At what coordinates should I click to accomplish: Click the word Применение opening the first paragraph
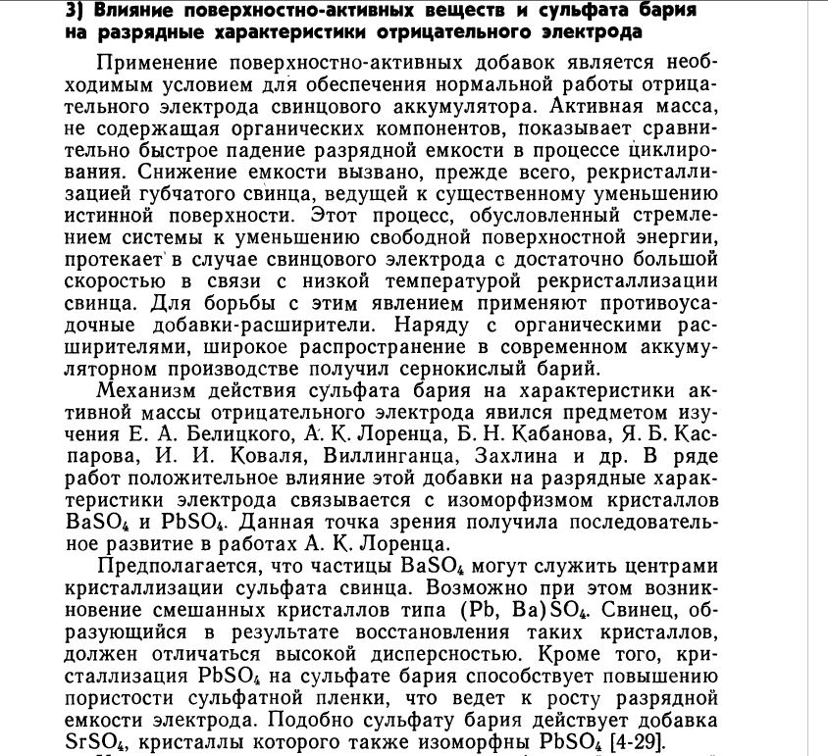click(x=163, y=61)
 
